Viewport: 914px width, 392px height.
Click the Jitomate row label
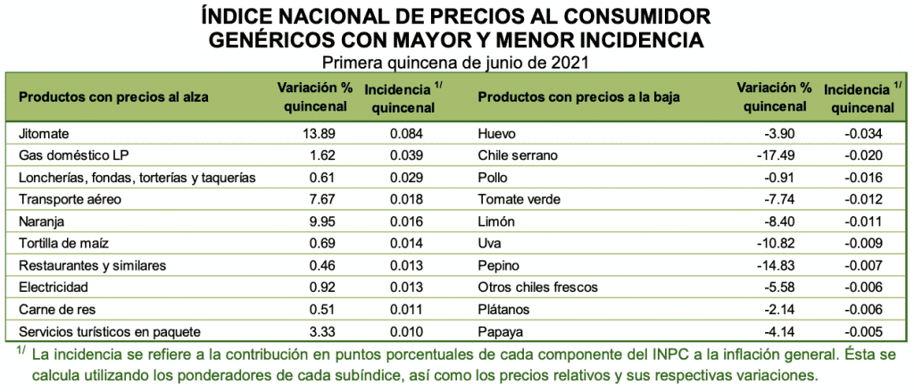pyautogui.click(x=44, y=134)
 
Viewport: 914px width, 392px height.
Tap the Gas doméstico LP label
pyautogui.click(x=69, y=155)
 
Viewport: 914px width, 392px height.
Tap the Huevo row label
pyautogui.click(x=497, y=134)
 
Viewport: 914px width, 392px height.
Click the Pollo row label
pyautogui.click(x=494, y=178)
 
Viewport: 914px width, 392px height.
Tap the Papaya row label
pyautogui.click(x=501, y=331)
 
